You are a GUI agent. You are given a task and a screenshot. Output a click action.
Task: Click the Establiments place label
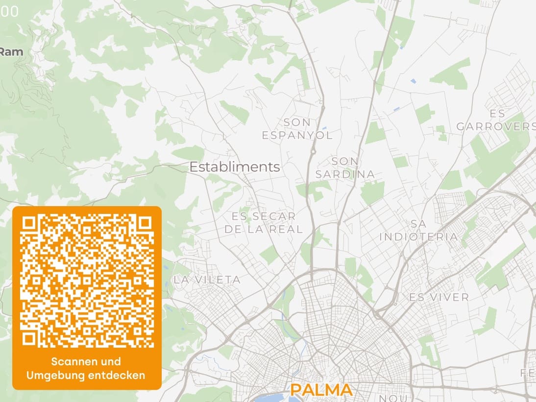[235, 167]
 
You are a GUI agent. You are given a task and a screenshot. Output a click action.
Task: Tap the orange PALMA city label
[321, 390]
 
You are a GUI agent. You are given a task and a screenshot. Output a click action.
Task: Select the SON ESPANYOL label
[297, 129]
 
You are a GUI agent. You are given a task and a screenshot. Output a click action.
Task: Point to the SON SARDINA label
[345, 167]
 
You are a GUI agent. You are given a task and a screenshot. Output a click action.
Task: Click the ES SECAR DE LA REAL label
[264, 222]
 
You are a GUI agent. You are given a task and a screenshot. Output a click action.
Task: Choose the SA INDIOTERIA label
[418, 230]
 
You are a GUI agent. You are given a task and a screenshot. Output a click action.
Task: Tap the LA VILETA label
[207, 280]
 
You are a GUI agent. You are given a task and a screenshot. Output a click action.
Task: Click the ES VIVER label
[439, 297]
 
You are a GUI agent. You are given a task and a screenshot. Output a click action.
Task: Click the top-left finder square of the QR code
[29, 224]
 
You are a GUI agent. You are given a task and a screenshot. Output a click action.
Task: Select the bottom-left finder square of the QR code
[29, 338]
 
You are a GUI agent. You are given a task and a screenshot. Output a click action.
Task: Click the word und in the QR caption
[111, 362]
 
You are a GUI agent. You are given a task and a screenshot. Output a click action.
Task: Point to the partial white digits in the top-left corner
[9, 11]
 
